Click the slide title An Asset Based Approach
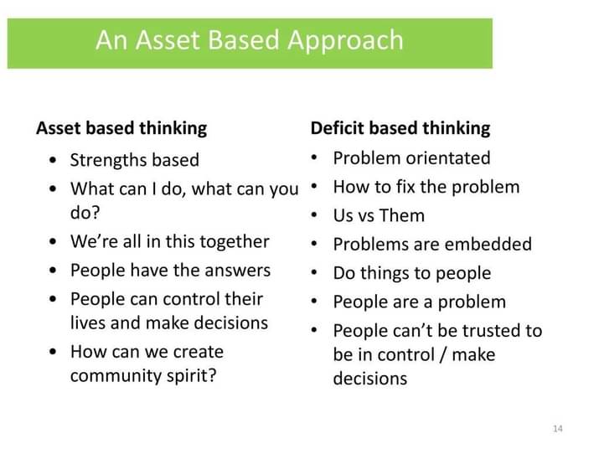pyautogui.click(x=249, y=40)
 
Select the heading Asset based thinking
pyautogui.click(x=121, y=128)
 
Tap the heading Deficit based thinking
pyautogui.click(x=400, y=128)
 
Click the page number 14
pyautogui.click(x=558, y=429)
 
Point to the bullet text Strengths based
pyautogui.click(x=134, y=160)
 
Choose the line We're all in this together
pyautogui.click(x=169, y=242)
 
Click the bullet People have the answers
pyautogui.click(x=170, y=271)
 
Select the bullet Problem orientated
pyautogui.click(x=411, y=158)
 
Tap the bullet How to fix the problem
pyautogui.click(x=426, y=187)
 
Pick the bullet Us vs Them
pyautogui.click(x=379, y=216)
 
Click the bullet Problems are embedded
pyautogui.click(x=432, y=245)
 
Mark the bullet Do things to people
pyautogui.click(x=411, y=273)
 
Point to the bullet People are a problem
pyautogui.click(x=419, y=302)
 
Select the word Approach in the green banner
pyautogui.click(x=346, y=40)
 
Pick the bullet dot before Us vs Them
pyautogui.click(x=314, y=216)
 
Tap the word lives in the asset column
pyautogui.click(x=89, y=323)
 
